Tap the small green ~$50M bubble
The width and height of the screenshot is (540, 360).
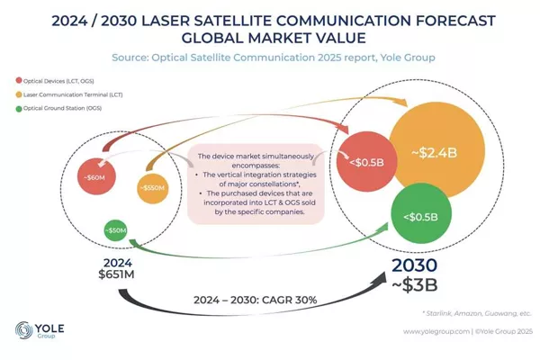pos(116,231)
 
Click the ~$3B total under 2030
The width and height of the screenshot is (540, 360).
pos(415,287)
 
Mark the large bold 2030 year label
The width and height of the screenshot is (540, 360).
pos(415,266)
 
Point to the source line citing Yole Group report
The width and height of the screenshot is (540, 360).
pos(270,57)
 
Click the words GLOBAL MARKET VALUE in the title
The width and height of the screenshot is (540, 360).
pos(270,37)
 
